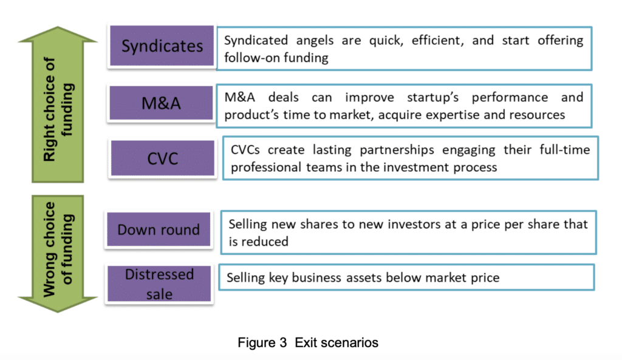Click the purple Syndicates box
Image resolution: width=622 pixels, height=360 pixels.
162,46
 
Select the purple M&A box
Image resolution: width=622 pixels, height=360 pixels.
161,103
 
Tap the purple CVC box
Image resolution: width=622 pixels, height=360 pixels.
163,158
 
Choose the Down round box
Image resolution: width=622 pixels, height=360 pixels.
159,229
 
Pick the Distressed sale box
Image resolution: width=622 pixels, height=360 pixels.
159,284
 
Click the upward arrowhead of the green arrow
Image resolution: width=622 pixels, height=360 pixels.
58,34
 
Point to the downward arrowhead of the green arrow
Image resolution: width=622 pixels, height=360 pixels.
58,305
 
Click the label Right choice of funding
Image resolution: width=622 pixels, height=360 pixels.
58,109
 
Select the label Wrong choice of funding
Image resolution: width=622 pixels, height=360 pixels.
58,250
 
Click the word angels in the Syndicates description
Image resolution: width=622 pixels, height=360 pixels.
315,41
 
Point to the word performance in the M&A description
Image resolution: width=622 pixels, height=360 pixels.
510,98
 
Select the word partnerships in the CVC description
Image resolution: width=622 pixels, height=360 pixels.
397,150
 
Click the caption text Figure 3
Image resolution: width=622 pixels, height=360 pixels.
262,342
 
